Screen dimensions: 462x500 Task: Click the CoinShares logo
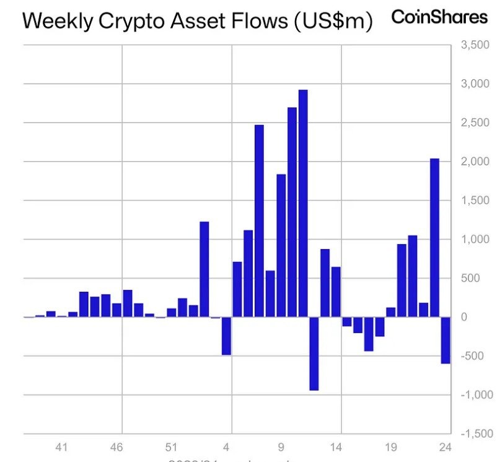[x=439, y=17]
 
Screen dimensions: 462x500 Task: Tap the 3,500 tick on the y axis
[x=473, y=45]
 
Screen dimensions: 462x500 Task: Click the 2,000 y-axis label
[x=473, y=162]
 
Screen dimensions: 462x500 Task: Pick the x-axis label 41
[x=61, y=447]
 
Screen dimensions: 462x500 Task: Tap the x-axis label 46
[x=116, y=447]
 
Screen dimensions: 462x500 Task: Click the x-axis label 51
[x=172, y=447]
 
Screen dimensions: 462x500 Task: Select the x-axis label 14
[x=336, y=447]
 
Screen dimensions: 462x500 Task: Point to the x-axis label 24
[x=445, y=447]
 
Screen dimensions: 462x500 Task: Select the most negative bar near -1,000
[x=314, y=354]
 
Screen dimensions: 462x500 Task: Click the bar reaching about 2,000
[x=434, y=238]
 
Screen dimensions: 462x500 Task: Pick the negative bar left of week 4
[x=226, y=336]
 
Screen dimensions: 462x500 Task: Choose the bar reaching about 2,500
[x=259, y=221]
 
